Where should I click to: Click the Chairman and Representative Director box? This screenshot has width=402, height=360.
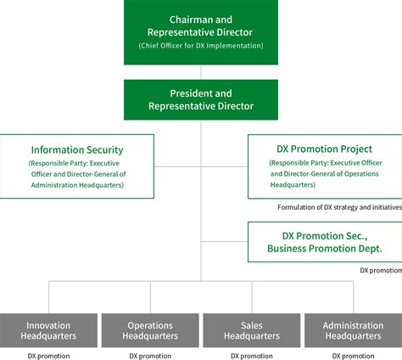tap(200, 33)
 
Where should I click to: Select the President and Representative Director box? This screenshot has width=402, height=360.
tap(200, 99)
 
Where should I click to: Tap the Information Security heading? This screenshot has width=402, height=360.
tap(77, 149)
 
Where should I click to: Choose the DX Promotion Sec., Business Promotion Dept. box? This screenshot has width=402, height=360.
tap(324, 242)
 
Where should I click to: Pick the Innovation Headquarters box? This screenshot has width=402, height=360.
tap(48, 330)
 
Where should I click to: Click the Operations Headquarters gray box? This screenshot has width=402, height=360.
tap(150, 330)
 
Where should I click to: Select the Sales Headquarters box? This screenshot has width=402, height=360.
tap(252, 330)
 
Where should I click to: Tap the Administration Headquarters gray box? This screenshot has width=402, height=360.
tap(354, 330)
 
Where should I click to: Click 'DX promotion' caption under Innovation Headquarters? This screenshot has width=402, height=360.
tap(48, 355)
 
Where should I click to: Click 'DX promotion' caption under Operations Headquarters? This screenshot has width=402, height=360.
tap(150, 355)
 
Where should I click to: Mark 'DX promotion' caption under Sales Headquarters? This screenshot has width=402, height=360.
tap(252, 355)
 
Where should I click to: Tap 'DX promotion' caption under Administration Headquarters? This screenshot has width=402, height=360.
tap(354, 355)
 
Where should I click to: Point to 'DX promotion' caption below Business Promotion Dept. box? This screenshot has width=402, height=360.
tap(380, 269)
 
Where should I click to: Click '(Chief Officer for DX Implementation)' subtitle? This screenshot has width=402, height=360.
tap(200, 45)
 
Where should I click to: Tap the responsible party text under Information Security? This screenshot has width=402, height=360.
tap(77, 173)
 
